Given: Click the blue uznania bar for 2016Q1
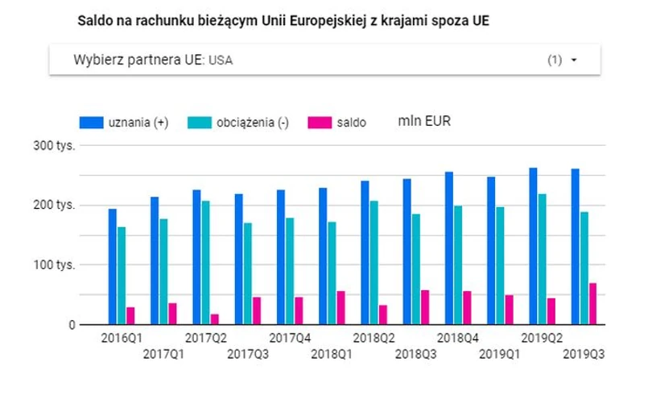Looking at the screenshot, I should click(x=113, y=267).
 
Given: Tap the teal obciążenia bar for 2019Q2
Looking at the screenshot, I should click(x=543, y=259).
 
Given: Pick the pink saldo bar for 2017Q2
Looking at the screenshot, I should click(x=214, y=319).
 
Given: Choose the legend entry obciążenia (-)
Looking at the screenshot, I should click(x=237, y=123).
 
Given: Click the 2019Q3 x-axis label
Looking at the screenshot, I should click(x=584, y=353).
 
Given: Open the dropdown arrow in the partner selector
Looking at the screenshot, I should click(x=574, y=60).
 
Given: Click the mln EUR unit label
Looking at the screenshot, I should click(x=424, y=122).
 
